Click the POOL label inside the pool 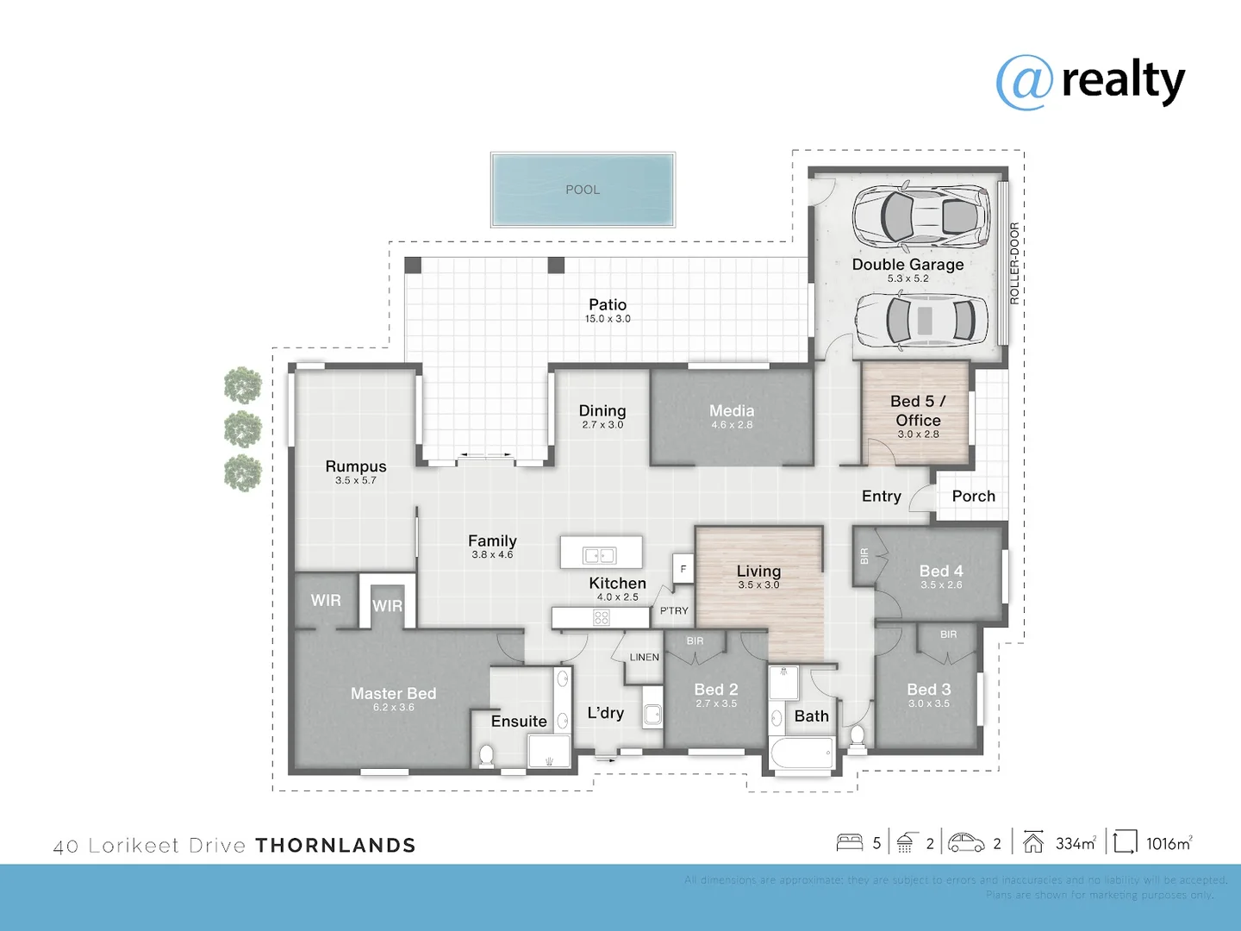[x=583, y=190]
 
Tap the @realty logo [x=1090, y=81]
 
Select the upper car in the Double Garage [x=920, y=216]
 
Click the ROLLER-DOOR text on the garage [x=1014, y=263]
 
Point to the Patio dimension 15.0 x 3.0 [x=608, y=319]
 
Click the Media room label [x=732, y=411]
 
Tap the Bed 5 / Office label [x=918, y=410]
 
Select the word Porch [x=973, y=497]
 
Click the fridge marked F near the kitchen [x=683, y=569]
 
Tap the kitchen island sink [x=600, y=555]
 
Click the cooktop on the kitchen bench [x=602, y=617]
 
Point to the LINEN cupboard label [x=644, y=658]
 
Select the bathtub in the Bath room [x=801, y=755]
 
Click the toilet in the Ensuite [x=486, y=755]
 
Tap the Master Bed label [x=393, y=694]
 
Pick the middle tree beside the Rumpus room [x=243, y=428]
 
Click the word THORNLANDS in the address [x=336, y=846]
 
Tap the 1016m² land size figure [x=1169, y=844]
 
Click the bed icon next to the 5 [x=850, y=842]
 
